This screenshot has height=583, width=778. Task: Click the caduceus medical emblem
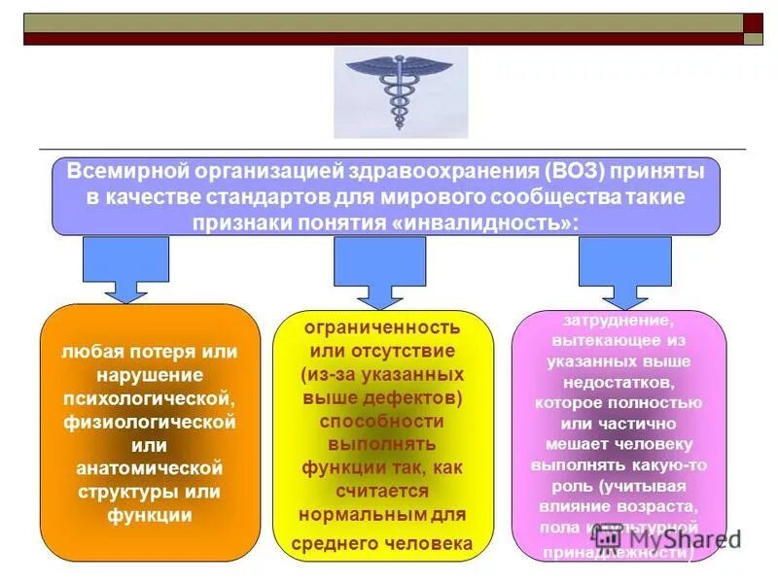click(399, 92)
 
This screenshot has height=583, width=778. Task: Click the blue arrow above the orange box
click(125, 268)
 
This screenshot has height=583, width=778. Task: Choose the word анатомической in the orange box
click(150, 468)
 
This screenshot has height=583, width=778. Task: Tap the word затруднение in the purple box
click(619, 319)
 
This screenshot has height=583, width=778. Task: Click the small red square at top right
click(753, 23)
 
